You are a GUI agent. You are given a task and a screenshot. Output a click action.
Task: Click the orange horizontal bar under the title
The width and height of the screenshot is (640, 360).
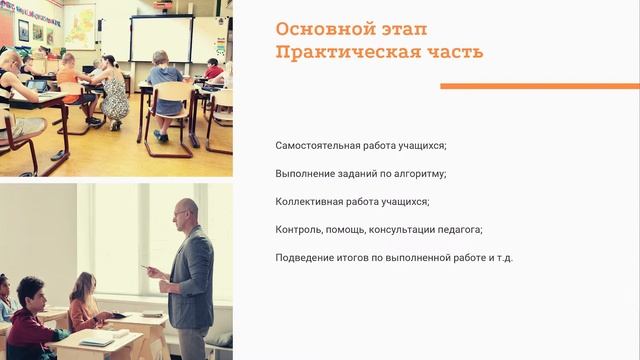click(x=539, y=86)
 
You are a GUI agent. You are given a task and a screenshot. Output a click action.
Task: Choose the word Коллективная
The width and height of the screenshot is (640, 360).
click(x=307, y=202)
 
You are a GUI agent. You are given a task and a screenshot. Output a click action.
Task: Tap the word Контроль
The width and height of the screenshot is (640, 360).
click(x=299, y=230)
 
